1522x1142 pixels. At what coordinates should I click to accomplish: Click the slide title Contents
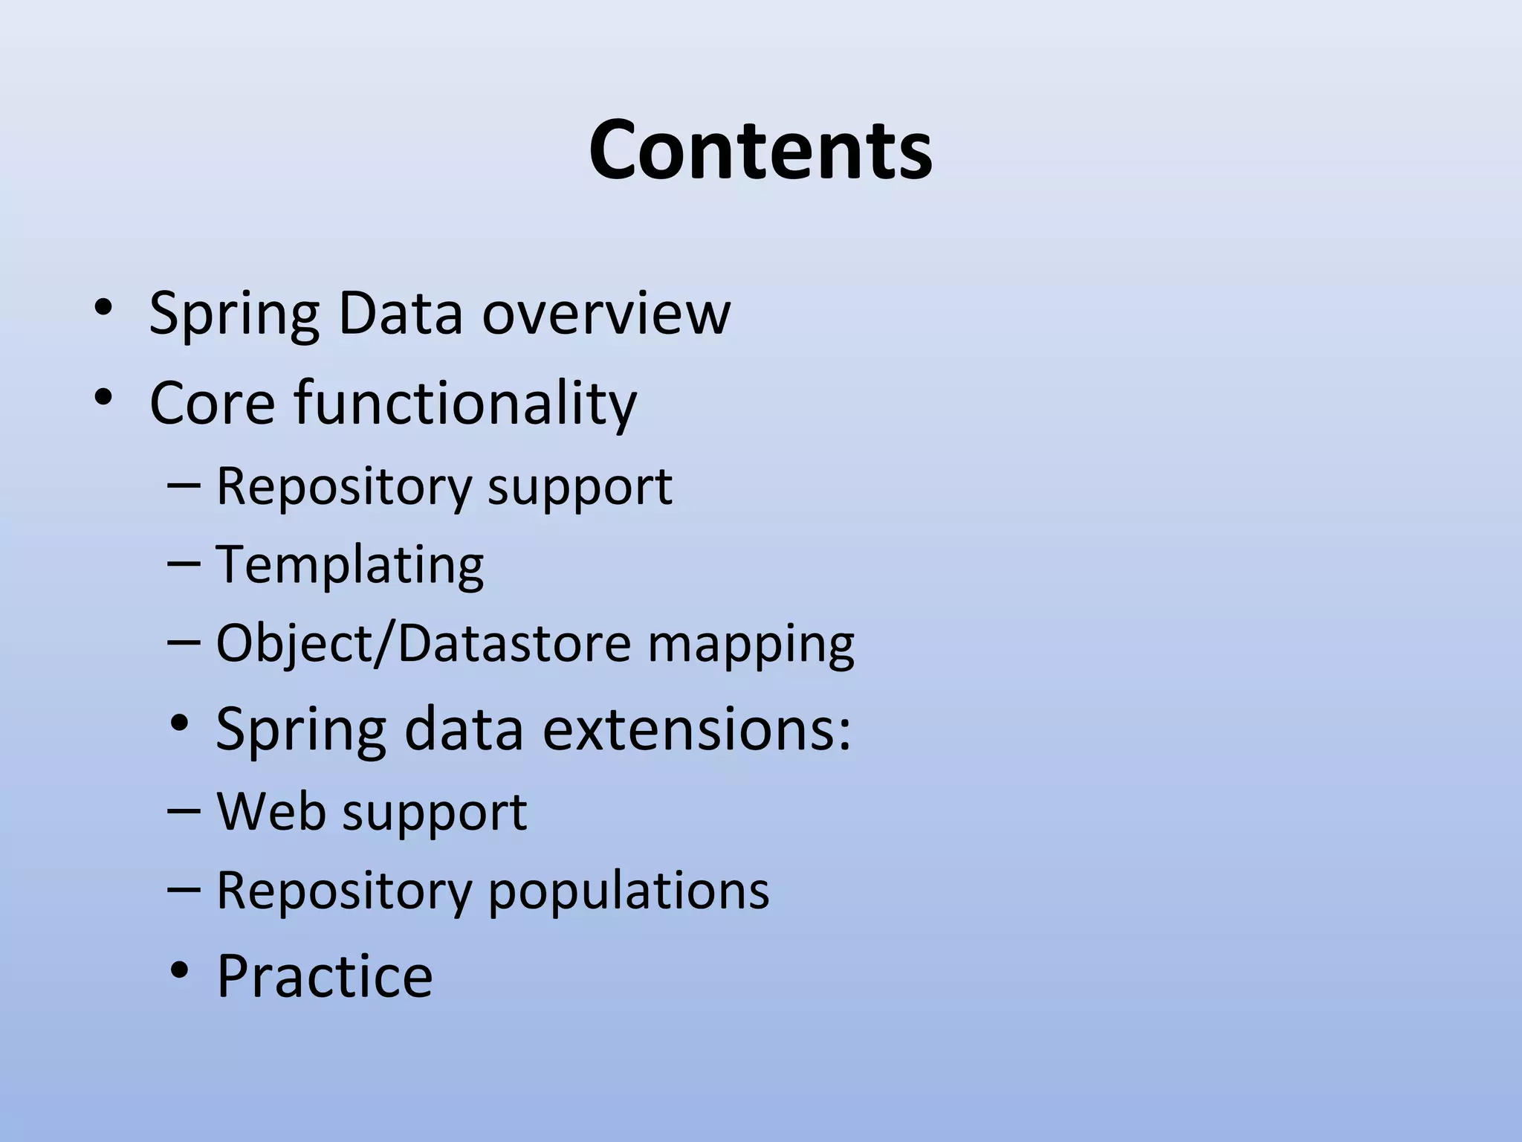pos(760,151)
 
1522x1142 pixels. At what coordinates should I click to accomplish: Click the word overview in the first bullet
pos(606,313)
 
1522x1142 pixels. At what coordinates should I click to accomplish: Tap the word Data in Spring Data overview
pos(400,313)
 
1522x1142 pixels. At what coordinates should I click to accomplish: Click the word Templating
pos(349,565)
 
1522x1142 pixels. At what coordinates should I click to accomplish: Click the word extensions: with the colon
pos(696,729)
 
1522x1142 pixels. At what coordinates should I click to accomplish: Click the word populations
pos(629,891)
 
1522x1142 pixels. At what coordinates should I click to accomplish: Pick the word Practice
pos(324,976)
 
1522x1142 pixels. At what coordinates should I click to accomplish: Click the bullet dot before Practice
pos(179,970)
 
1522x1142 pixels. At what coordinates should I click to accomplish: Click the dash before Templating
pos(184,564)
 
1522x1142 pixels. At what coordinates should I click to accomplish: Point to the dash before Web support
pos(184,810)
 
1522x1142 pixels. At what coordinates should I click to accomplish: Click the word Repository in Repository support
pos(343,488)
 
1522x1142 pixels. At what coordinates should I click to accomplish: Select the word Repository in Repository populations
pos(343,891)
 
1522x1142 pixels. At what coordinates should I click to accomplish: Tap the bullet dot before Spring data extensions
pos(179,723)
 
